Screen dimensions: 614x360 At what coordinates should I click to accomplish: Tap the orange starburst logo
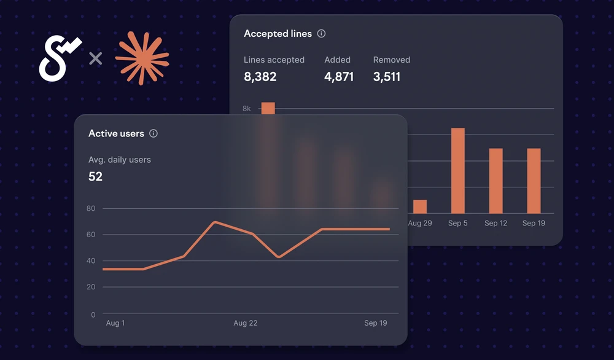tap(142, 58)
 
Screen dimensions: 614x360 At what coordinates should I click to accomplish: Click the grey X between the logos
tap(96, 59)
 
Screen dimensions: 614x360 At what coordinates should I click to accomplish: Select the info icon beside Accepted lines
tap(321, 34)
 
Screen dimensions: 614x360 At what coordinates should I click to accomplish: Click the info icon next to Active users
tap(153, 133)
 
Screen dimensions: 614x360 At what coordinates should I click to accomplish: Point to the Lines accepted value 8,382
tap(260, 77)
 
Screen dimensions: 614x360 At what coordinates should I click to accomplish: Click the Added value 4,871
tap(339, 77)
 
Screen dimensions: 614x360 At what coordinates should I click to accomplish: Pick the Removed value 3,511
tap(386, 77)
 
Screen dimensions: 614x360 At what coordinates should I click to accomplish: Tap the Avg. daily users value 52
tap(95, 177)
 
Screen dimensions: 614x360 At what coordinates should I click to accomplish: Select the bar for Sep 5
tap(458, 171)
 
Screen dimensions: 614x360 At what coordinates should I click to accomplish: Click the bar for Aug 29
tap(420, 207)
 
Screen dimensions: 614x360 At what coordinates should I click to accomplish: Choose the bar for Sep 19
tap(534, 181)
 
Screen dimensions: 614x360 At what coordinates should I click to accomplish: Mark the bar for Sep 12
tap(495, 181)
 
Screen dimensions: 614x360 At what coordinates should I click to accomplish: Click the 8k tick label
tap(246, 109)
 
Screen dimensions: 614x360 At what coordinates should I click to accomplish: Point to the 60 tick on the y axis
tap(91, 235)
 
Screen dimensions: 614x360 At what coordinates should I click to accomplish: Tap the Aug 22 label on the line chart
tap(246, 323)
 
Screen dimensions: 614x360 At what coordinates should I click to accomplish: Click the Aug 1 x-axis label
tap(115, 323)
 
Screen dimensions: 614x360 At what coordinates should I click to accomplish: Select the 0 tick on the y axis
tap(93, 315)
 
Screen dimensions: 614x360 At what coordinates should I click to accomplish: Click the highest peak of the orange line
tap(215, 222)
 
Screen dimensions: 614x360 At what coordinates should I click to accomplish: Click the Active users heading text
tap(116, 133)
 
